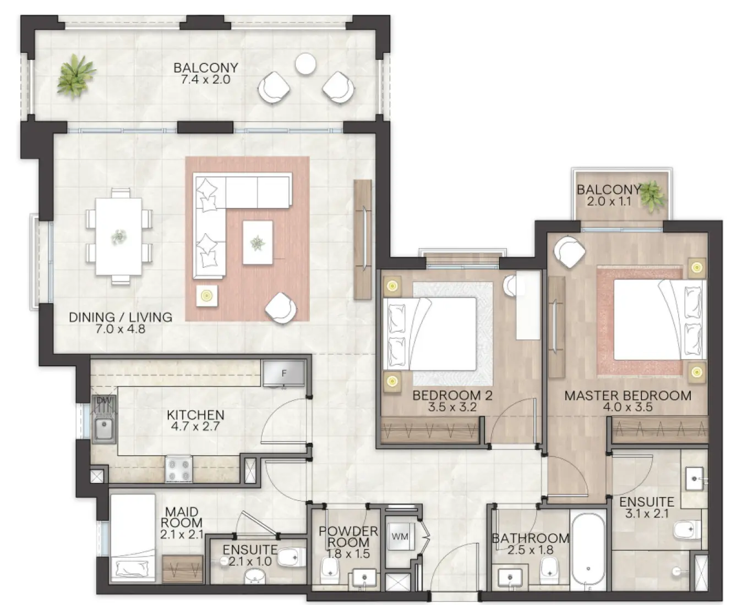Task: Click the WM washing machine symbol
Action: (x=400, y=536)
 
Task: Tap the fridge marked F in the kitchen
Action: (x=283, y=374)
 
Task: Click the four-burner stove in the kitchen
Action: (x=178, y=469)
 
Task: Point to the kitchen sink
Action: (x=103, y=429)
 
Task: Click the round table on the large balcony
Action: (x=305, y=64)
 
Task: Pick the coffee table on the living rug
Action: (x=257, y=243)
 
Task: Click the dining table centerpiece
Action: (x=118, y=237)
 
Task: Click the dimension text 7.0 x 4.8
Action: (x=120, y=329)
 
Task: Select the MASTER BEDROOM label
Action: (x=628, y=395)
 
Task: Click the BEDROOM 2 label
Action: (x=452, y=395)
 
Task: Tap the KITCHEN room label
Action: (x=195, y=415)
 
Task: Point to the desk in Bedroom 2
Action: (x=527, y=306)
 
